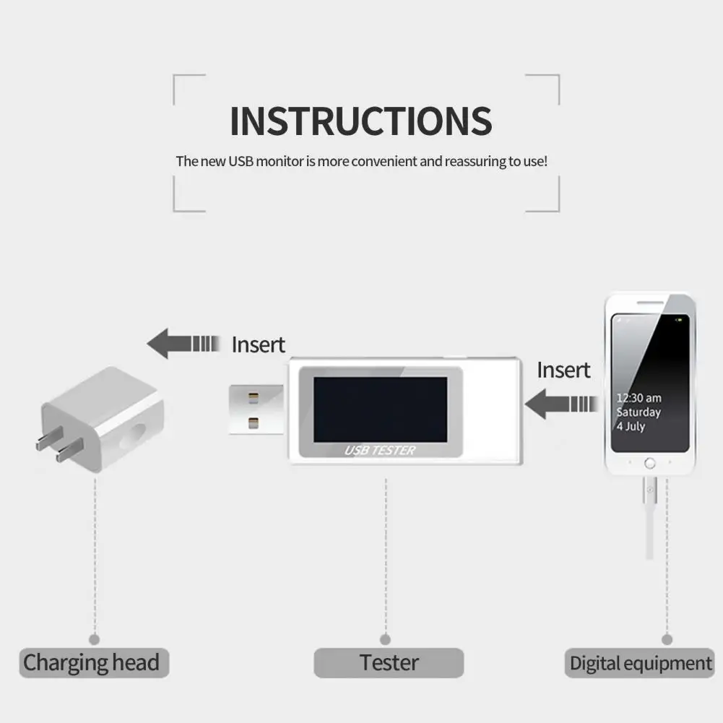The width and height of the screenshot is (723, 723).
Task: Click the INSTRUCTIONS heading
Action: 361,121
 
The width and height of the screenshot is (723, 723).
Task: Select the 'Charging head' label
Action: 91,662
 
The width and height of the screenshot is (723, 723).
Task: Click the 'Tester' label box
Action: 389,662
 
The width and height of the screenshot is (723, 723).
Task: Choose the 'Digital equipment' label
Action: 641,663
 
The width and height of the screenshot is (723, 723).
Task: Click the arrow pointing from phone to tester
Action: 560,403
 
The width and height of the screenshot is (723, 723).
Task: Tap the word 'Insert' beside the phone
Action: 563,370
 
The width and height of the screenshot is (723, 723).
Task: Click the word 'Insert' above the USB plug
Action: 258,345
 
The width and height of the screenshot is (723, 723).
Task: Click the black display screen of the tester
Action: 380,409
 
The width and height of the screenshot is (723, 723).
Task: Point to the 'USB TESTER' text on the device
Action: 380,451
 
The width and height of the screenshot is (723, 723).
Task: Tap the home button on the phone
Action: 650,463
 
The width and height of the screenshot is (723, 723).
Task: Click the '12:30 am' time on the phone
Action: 638,398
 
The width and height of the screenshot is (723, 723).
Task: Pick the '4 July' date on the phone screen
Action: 630,426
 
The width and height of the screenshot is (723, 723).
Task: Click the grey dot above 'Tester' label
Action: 385,639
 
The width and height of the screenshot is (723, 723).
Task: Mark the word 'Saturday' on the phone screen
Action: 638,412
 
